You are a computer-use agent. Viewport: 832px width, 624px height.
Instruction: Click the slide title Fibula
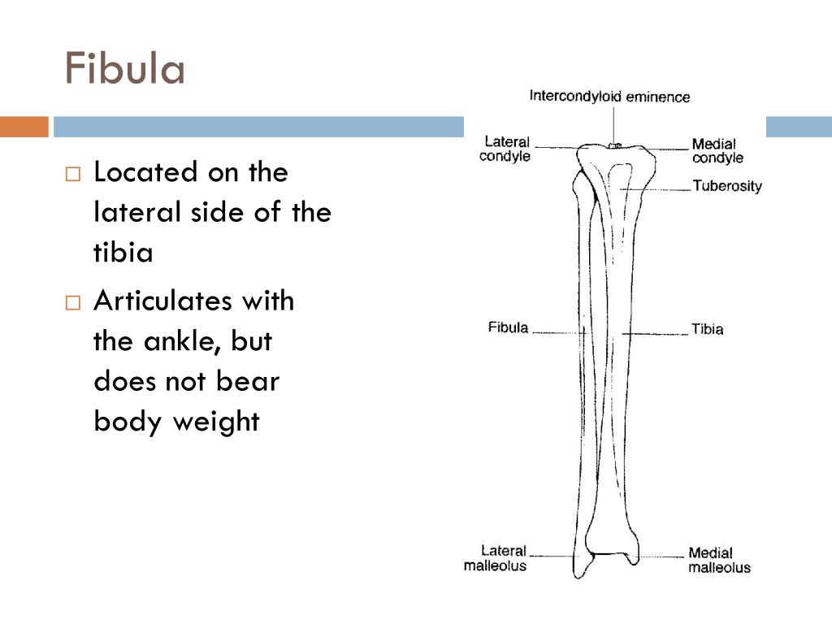pos(125,69)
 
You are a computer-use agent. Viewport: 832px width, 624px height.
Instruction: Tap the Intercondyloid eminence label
pos(609,97)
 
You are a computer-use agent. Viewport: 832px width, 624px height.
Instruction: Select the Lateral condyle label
pos(505,149)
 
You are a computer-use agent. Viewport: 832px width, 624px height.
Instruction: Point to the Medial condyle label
pos(717,151)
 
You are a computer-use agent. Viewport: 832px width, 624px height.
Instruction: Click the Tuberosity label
pos(727,186)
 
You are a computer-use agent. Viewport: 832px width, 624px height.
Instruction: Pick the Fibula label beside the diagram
pos(508,327)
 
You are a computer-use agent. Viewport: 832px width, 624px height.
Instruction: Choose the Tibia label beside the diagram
pos(707,329)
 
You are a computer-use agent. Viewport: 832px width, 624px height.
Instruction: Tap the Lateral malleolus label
pos(495,557)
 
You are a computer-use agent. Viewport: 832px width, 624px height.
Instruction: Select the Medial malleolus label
pos(719,561)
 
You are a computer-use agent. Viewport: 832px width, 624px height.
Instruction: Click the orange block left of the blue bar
pos(24,127)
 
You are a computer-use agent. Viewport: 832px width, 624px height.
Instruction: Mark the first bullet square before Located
pos(74,174)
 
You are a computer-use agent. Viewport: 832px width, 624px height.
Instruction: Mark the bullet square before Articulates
pos(74,303)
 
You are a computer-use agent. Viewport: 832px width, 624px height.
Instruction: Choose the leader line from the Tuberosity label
pos(658,188)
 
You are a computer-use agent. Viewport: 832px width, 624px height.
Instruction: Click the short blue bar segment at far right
pos(799,127)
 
